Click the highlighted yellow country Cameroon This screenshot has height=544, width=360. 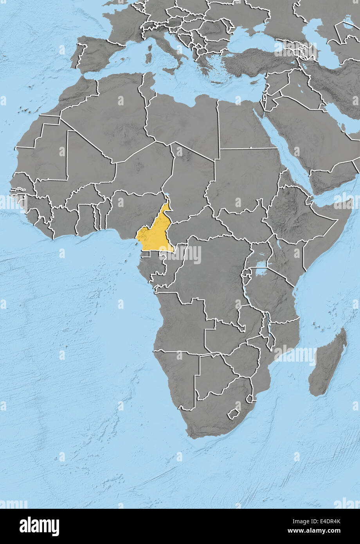(x=156, y=234)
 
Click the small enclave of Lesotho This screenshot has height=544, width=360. (x=234, y=414)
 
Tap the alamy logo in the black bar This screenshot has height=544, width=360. (x=39, y=526)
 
